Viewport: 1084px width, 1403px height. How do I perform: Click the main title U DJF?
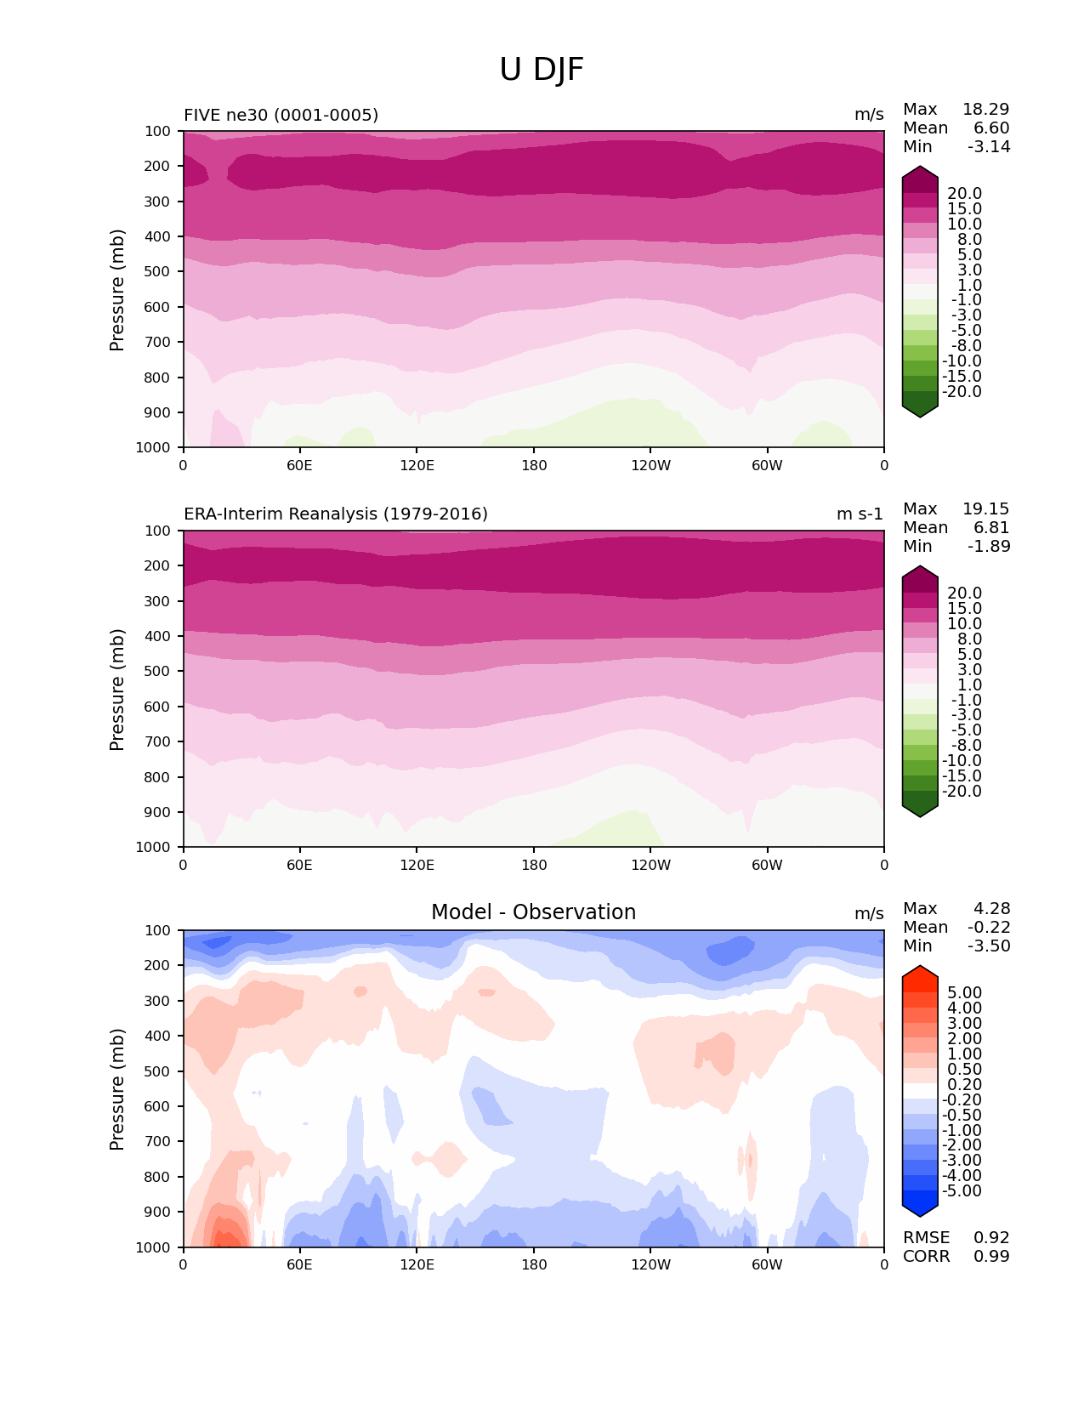click(542, 70)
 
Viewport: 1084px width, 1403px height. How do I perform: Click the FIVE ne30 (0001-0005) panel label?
click(281, 115)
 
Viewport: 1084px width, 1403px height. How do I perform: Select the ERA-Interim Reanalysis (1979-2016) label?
click(336, 514)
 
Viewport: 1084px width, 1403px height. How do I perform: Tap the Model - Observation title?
click(533, 912)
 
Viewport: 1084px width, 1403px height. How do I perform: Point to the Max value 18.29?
click(985, 110)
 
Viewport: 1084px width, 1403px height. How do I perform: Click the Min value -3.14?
click(989, 147)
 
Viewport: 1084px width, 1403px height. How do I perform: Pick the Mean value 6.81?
click(991, 528)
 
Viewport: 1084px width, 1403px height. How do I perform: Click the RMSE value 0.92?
click(991, 1238)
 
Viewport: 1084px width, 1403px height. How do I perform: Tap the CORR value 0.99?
click(991, 1257)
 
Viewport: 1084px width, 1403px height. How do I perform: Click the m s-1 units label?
click(860, 514)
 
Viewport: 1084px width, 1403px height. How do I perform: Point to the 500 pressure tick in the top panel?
click(159, 272)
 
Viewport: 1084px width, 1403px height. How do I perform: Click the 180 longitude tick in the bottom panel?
click(534, 1265)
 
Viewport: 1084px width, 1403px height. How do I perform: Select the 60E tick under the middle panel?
click(299, 866)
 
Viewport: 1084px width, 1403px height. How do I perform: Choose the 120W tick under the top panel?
click(650, 466)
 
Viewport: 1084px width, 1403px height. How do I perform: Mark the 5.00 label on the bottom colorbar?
click(964, 993)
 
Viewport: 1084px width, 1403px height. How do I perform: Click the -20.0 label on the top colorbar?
click(962, 392)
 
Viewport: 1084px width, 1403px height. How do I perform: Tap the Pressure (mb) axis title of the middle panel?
click(117, 690)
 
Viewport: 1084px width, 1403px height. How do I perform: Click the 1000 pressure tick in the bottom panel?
click(155, 1247)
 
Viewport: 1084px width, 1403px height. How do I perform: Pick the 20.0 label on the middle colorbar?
click(964, 594)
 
